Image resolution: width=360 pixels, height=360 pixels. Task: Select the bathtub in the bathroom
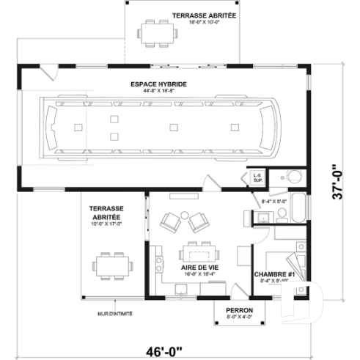click(x=298, y=208)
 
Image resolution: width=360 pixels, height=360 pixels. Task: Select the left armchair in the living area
click(x=170, y=221)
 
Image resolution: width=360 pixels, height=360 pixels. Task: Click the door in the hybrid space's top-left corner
click(x=48, y=72)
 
